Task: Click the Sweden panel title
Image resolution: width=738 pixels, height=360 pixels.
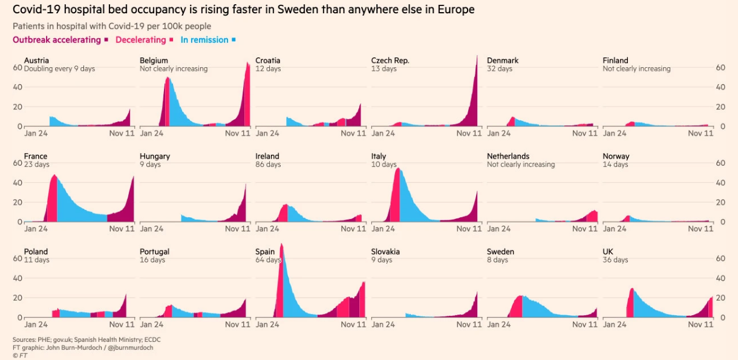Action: pos(500,252)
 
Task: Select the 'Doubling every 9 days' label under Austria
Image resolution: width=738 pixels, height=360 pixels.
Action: pos(59,69)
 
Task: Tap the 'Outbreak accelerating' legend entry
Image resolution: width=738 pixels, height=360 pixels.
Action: pos(56,40)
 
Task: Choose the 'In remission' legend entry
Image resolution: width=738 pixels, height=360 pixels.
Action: pos(204,40)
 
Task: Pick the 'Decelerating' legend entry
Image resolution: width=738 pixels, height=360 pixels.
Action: pos(140,40)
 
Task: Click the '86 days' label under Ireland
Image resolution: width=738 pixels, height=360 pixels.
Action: pos(268,165)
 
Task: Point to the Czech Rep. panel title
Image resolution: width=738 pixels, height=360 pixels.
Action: pos(390,61)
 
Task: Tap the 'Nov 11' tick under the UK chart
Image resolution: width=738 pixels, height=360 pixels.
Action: pos(700,324)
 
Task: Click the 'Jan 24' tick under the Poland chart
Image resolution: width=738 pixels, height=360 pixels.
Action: pos(36,324)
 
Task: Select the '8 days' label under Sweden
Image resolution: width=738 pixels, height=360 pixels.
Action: pos(497,260)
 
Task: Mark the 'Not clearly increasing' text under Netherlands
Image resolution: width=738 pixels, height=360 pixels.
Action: pos(521,165)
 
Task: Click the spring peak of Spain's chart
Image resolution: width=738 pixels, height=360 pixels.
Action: pos(282,246)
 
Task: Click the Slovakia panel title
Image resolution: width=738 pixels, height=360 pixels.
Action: pos(385,252)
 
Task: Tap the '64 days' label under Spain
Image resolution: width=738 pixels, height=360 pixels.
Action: pos(268,260)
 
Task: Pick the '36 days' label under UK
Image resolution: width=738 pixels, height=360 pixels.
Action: pos(615,260)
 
